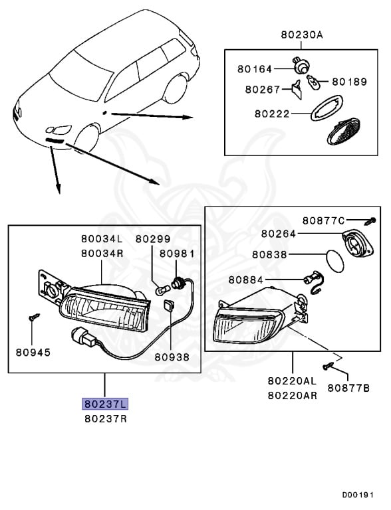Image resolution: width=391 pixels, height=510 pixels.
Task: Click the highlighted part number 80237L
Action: coord(105,404)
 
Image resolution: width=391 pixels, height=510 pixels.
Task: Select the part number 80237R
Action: coord(106,418)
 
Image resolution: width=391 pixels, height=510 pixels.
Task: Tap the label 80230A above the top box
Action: coord(302,35)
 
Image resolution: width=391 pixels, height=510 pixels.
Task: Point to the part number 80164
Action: coord(255,69)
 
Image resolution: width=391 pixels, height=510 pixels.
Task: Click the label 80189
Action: coord(349,82)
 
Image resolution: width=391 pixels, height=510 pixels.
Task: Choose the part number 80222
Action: coord(272,114)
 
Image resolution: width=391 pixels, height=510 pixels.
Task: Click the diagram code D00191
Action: coord(358,495)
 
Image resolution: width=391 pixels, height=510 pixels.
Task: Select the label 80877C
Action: coord(323,220)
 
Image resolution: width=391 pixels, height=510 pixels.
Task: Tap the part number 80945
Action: coord(33,352)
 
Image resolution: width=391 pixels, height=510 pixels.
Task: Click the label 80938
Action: coord(172,357)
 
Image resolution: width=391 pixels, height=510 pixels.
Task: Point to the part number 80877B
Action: coord(348,388)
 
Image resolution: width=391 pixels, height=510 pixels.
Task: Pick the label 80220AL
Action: coord(293,381)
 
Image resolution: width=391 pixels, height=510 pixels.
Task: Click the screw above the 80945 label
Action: coord(34,317)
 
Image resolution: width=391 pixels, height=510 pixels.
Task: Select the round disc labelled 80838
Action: coord(334,261)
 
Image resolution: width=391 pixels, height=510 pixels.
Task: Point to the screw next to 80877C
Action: coord(370,221)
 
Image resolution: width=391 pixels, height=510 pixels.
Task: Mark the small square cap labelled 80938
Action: coord(169,305)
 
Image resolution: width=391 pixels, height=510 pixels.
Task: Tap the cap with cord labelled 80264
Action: coord(358,242)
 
